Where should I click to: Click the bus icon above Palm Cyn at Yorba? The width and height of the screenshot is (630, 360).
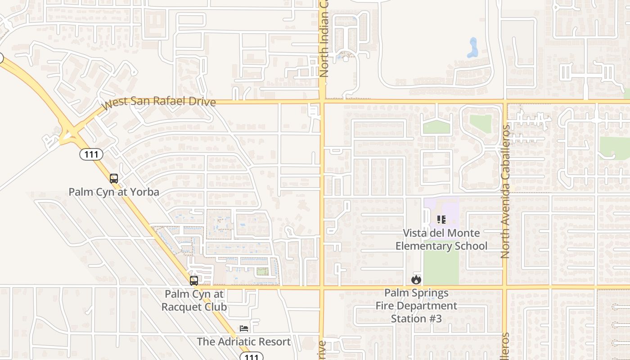point(114,179)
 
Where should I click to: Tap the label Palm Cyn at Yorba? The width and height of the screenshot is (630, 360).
point(114,192)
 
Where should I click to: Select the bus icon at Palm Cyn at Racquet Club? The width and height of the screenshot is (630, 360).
point(194,281)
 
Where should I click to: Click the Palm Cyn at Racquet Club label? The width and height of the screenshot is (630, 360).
point(194,301)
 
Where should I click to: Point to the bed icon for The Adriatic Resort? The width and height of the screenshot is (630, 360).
point(244,328)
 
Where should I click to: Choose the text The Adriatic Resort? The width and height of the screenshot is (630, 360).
point(243,342)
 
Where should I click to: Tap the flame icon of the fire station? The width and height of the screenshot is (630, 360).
point(416,279)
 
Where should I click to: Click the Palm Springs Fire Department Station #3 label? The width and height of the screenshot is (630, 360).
point(416,306)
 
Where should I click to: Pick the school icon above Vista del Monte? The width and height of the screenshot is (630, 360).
point(441,220)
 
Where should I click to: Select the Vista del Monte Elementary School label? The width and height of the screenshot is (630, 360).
point(441,239)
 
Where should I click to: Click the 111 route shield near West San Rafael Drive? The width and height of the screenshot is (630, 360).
point(91,154)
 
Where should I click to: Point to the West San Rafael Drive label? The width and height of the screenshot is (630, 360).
point(158,102)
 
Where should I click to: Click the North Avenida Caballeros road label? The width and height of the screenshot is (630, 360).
point(505,191)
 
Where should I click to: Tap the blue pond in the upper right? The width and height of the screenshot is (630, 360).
point(472,48)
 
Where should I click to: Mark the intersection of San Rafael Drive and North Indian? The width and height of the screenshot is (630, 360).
point(322,102)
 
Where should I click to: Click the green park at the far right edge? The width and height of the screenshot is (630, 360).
point(615,148)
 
